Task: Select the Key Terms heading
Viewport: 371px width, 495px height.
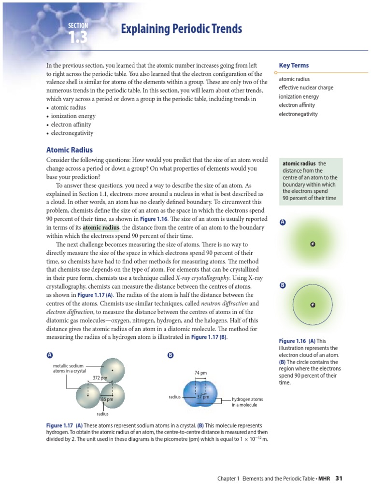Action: coord(294,65)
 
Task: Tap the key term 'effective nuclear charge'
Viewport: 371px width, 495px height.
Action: coord(305,87)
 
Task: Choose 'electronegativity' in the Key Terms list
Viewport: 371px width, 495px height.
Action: coord(298,114)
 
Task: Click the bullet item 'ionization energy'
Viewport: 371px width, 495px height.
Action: coord(73,116)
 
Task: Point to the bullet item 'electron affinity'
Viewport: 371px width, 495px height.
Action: coord(72,125)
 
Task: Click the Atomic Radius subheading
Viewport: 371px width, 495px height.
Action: coord(69,150)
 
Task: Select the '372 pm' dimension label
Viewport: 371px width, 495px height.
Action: coord(100,377)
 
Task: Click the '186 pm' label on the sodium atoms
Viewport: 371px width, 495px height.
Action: coord(106,399)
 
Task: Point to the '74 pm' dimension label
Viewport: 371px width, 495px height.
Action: coord(201,373)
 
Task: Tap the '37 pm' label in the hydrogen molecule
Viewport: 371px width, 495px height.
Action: coord(203,397)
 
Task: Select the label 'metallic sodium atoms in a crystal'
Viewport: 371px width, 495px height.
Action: coord(69,368)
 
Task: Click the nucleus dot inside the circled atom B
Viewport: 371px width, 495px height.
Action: coord(313,305)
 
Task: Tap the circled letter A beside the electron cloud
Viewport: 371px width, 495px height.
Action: coord(283,222)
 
